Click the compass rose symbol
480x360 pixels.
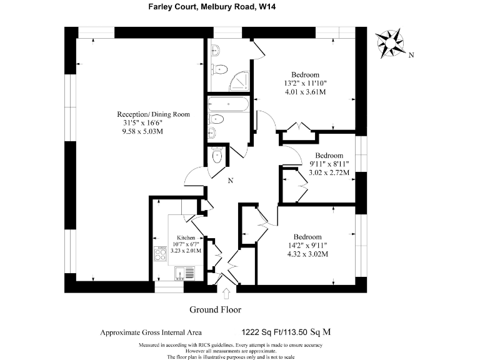pos(392,43)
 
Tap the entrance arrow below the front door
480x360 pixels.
pos(226,293)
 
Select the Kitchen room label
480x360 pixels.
pos(187,239)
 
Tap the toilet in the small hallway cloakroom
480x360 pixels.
pos(217,156)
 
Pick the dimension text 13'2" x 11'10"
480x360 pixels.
pos(306,83)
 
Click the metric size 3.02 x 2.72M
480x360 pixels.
pos(329,171)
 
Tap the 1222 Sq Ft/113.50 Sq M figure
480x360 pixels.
pos(286,332)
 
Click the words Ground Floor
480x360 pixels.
pos(215,309)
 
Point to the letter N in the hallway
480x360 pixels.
pos(230,181)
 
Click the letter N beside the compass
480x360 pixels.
pos(411,55)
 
